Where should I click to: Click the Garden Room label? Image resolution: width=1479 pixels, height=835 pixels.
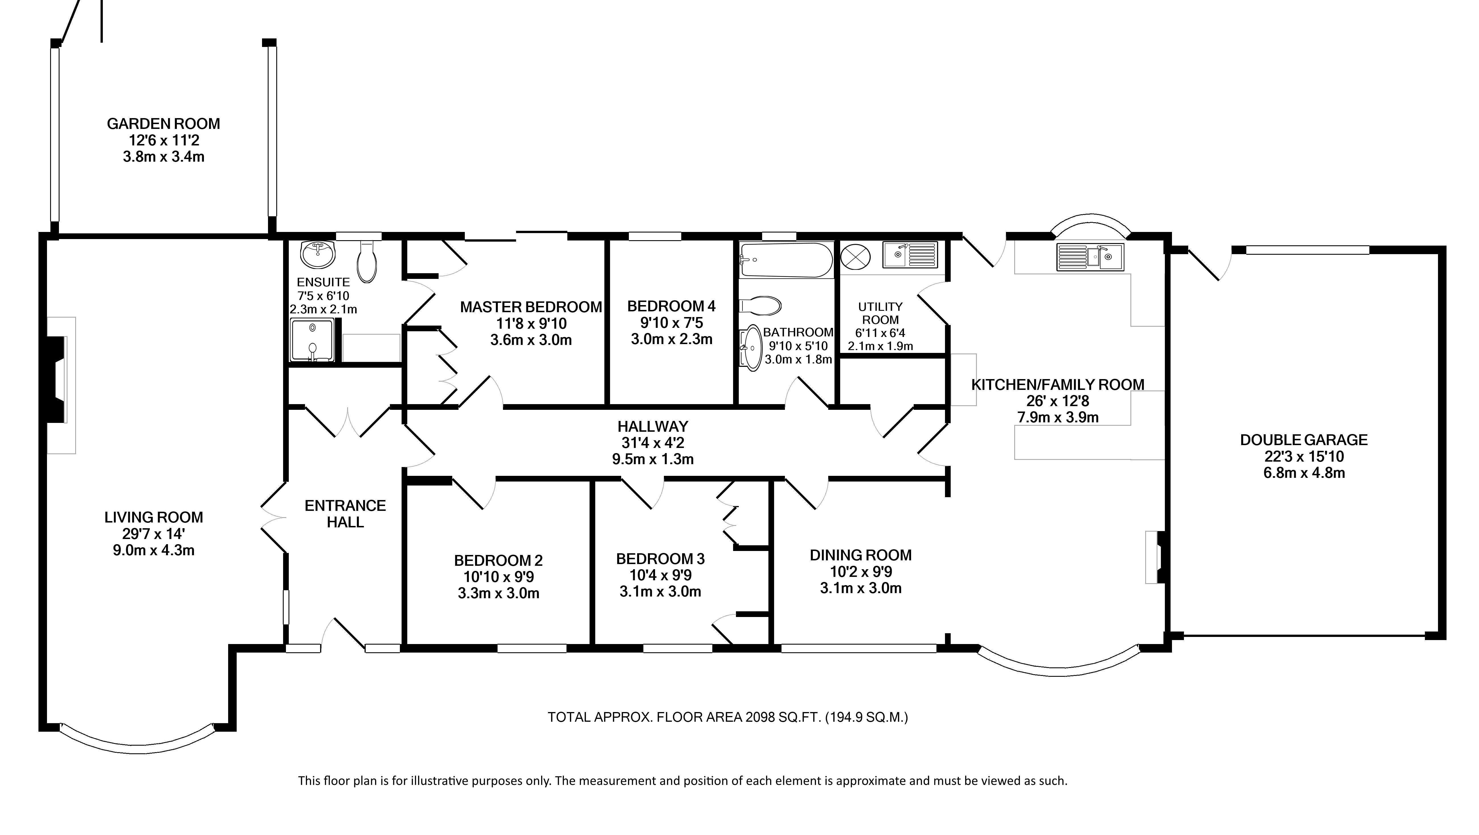click(x=164, y=124)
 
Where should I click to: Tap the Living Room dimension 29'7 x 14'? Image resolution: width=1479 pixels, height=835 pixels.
click(x=154, y=534)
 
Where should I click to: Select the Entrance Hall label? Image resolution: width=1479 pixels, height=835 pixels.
click(x=345, y=514)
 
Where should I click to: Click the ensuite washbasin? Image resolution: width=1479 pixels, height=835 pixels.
click(x=318, y=254)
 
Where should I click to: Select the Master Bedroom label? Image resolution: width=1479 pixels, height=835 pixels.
click(x=531, y=307)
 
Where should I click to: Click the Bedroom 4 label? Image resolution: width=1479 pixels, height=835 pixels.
click(x=671, y=306)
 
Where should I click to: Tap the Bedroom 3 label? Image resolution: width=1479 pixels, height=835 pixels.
click(x=660, y=558)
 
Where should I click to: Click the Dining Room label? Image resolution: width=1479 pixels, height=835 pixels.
click(x=861, y=555)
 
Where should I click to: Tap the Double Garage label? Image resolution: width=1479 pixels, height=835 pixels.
click(x=1304, y=440)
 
